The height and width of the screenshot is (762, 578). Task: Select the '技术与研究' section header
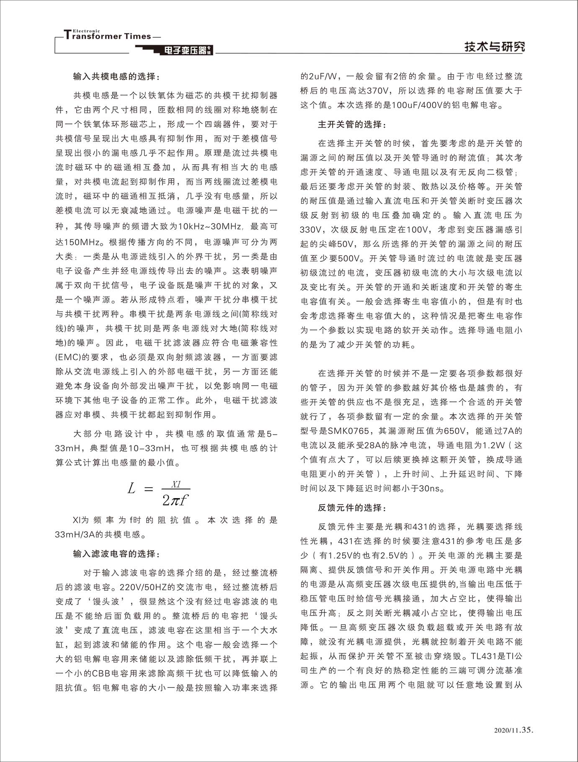(494, 47)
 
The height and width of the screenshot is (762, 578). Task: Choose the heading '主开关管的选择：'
(353, 124)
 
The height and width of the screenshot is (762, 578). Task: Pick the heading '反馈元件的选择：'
(353, 507)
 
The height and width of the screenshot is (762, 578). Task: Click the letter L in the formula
(132, 488)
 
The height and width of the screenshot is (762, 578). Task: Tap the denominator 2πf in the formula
(175, 499)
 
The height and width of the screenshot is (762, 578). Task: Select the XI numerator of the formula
(176, 484)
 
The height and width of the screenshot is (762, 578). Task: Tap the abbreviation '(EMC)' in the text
(67, 358)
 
